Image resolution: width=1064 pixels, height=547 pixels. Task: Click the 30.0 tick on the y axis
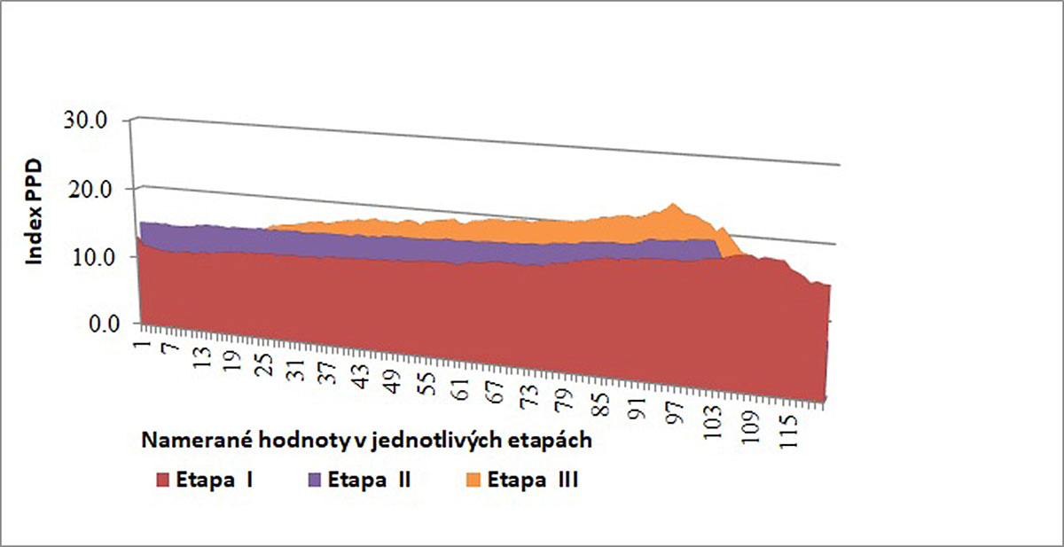(93, 121)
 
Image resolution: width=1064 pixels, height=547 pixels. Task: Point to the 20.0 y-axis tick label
(93, 189)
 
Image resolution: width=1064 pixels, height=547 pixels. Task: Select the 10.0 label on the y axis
(93, 257)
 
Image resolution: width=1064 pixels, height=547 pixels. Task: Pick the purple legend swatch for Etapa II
(315, 481)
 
